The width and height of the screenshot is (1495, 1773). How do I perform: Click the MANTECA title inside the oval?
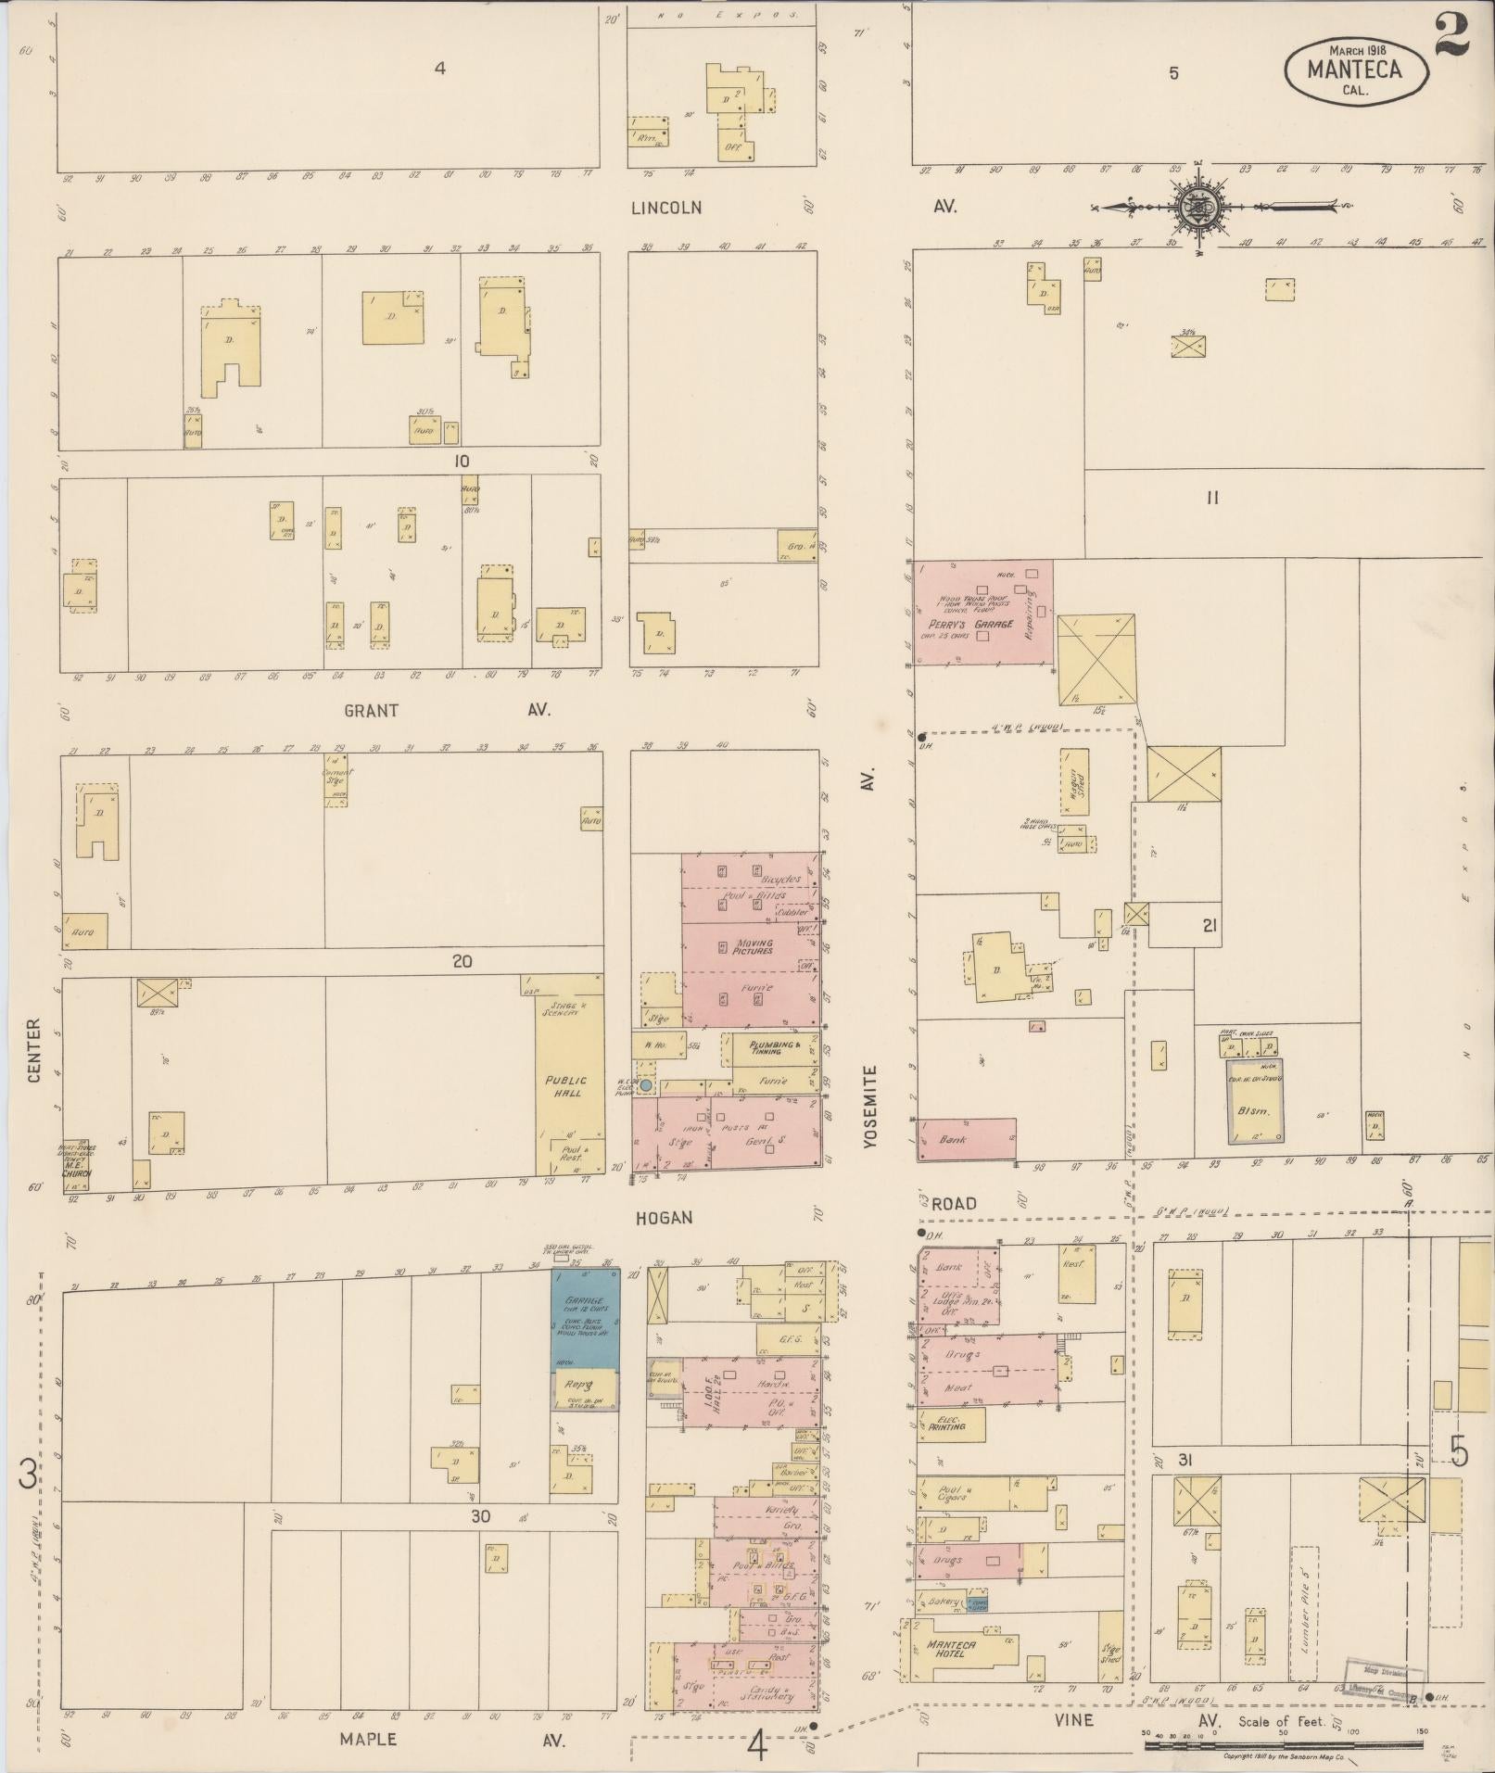(x=1354, y=70)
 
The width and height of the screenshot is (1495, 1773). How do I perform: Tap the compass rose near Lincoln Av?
(x=1198, y=206)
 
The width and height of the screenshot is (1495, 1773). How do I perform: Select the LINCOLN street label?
(x=665, y=208)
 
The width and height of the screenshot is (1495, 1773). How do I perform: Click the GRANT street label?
(x=371, y=711)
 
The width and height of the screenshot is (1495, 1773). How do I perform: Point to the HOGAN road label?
(x=665, y=1217)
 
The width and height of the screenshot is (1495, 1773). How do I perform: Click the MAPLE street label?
(x=368, y=1739)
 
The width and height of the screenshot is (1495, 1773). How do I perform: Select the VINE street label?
(x=1072, y=1720)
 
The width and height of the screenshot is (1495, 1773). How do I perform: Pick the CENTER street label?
(x=34, y=1050)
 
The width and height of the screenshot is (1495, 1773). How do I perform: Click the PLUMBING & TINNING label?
(x=771, y=1048)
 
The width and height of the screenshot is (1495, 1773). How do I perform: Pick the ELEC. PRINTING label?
(x=946, y=1424)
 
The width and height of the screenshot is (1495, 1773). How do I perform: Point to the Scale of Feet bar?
(x=1284, y=1745)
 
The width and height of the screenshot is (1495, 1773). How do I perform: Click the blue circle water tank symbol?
(x=646, y=1084)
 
